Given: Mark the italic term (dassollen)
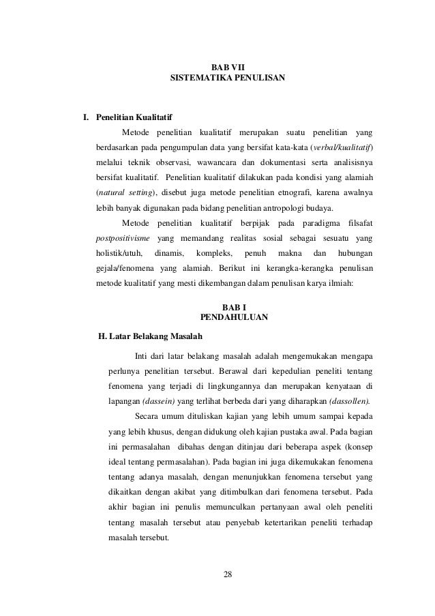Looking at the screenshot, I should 348,400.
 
